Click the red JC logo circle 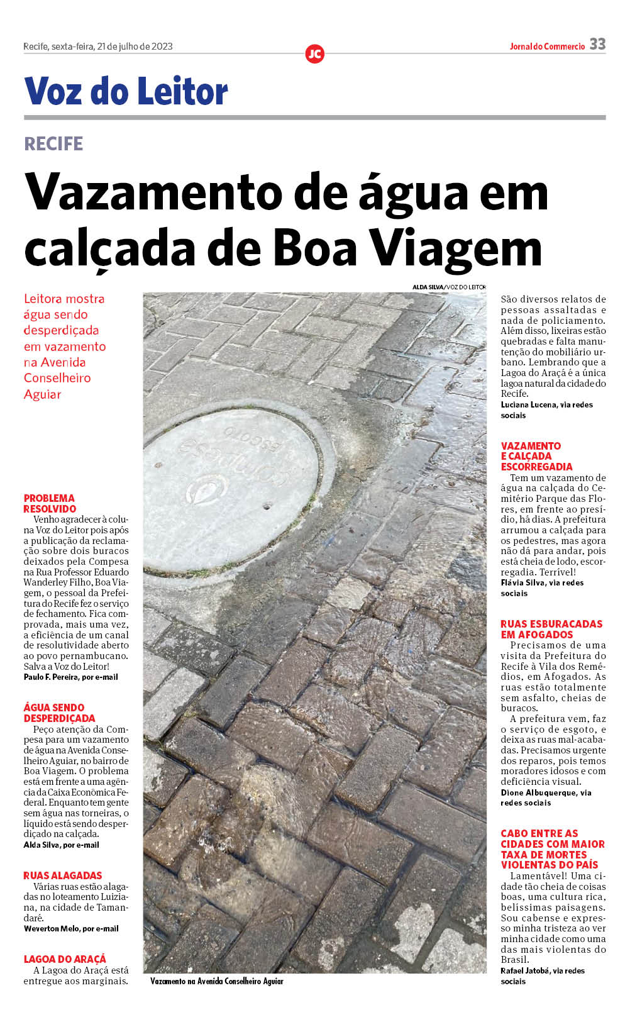tap(314, 54)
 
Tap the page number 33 tap(597, 44)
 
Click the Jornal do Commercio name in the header tap(547, 47)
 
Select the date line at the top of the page tap(97, 47)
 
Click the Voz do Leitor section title tap(126, 91)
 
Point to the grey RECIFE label tap(53, 143)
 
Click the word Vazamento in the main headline tap(154, 192)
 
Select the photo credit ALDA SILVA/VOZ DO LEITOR tap(449, 287)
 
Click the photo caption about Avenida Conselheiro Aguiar tap(217, 981)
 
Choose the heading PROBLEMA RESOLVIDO tap(50, 503)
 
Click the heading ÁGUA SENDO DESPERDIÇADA tap(59, 713)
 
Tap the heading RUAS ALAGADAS tap(63, 875)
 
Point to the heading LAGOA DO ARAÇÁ tap(65, 959)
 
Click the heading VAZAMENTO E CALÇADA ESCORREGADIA tap(536, 456)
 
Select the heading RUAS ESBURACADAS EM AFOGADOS tap(551, 629)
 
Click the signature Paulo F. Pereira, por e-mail tap(70, 677)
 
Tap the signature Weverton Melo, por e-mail tap(71, 928)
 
